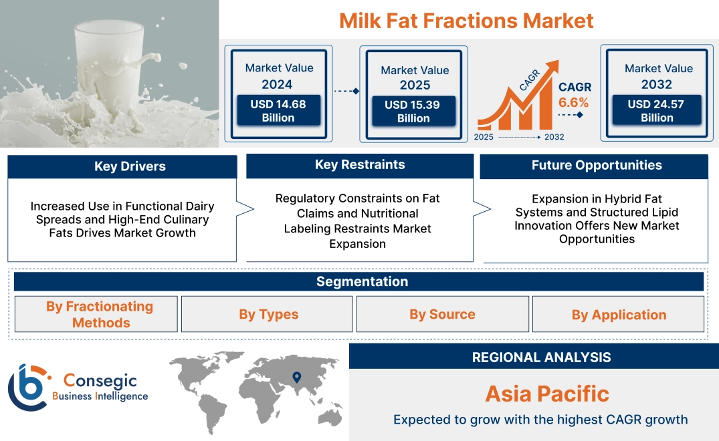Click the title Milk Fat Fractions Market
466,20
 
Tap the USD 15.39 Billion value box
413,112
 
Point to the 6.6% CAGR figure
573,102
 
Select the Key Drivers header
130,166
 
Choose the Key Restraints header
360,164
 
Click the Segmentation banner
362,281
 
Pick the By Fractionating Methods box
99,314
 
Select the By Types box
268,315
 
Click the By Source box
442,314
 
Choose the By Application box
619,315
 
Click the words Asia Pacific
547,394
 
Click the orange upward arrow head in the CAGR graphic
554,67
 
